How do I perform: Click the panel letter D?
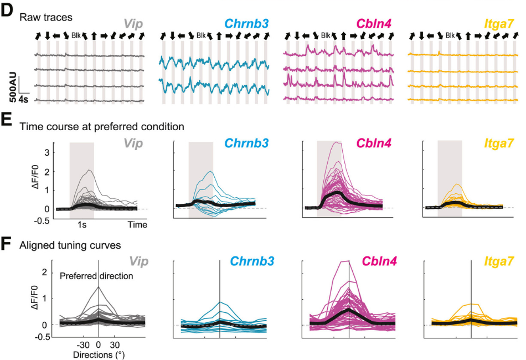coord(7,12)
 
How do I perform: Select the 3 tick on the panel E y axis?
coord(48,151)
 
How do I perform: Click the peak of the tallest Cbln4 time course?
coord(334,142)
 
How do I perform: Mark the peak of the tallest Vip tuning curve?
coord(99,286)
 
